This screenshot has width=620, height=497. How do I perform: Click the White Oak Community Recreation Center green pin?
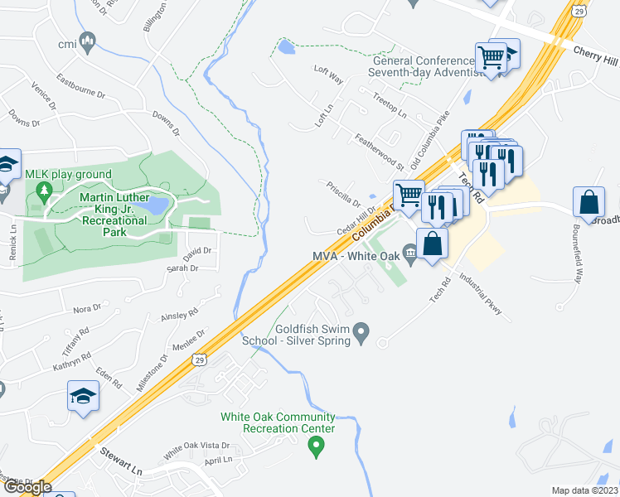(315, 447)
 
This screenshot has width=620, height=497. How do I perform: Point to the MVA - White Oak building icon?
(409, 252)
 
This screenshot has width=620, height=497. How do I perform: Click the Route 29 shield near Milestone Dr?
(198, 358)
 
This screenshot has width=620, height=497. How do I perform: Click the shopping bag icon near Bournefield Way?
(588, 202)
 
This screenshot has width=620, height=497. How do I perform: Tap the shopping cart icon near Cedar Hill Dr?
(409, 195)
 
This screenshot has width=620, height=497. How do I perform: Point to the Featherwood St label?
(378, 152)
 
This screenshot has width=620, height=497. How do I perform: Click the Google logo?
(28, 487)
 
